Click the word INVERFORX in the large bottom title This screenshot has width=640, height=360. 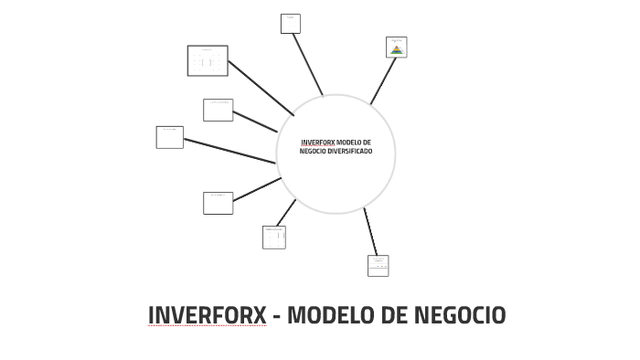coord(207,315)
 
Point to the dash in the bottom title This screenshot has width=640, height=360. coord(276,316)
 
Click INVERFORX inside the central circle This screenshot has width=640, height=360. coord(317,143)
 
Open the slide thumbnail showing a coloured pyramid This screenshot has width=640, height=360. coord(397,48)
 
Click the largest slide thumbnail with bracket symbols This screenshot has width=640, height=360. coord(208,61)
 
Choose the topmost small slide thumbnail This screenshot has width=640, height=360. coord(290,24)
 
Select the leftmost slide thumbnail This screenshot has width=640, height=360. coord(169,137)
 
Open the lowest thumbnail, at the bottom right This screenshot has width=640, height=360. coord(378,265)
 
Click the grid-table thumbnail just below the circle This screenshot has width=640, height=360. coord(273,237)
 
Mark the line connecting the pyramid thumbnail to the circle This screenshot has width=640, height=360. coord(383,81)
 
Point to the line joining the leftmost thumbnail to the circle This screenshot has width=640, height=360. coord(229,151)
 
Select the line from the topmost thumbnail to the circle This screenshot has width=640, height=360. coord(307,65)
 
